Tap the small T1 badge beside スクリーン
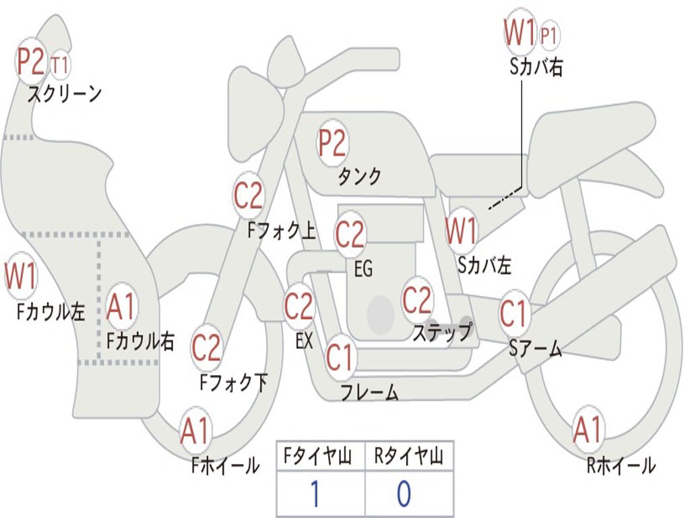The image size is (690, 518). tap(60, 65)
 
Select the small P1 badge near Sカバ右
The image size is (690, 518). tap(550, 36)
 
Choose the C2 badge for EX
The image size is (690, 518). tap(299, 307)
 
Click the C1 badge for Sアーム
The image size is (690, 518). tap(514, 314)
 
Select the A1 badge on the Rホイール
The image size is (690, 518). tap(588, 430)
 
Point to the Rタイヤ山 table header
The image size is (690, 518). tap(408, 457)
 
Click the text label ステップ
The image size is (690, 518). tap(442, 333)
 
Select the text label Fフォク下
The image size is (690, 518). tap(233, 383)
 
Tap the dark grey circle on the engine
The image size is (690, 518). tap(381, 314)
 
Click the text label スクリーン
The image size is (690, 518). tap(65, 94)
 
